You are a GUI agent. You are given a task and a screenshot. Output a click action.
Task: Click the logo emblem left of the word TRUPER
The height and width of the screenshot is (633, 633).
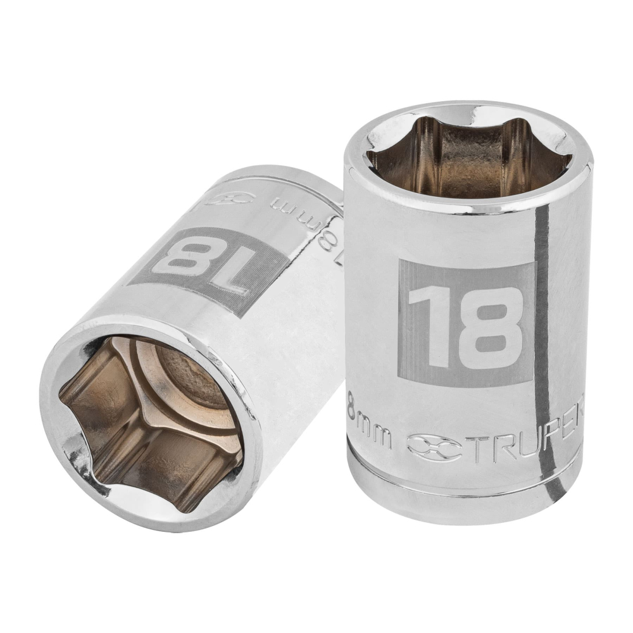pyautogui.click(x=434, y=448)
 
